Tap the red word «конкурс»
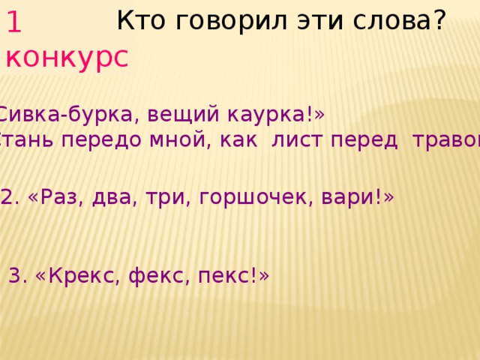(66, 57)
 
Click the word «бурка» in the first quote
(102, 115)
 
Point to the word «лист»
(294, 141)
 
